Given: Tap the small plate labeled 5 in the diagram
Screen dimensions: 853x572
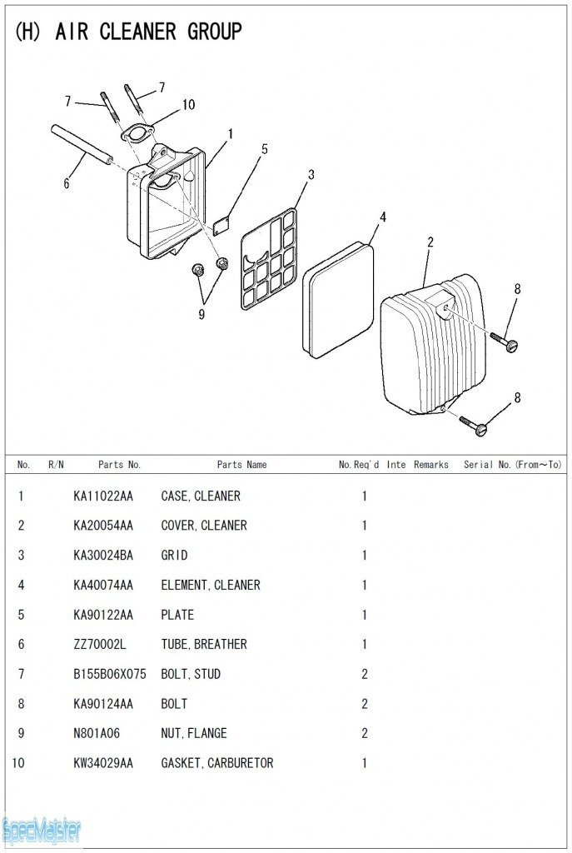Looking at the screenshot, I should (221, 223).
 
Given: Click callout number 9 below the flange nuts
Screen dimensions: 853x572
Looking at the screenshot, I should (201, 314).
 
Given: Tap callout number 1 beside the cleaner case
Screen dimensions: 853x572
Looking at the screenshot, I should (230, 133).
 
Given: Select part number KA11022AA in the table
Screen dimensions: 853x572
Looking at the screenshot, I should (103, 496).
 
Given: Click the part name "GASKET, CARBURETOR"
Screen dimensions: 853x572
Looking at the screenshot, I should (216, 763).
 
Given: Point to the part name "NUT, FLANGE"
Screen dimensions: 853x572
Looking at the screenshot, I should (193, 733).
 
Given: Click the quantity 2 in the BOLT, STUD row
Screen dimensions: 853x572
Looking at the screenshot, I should (364, 674).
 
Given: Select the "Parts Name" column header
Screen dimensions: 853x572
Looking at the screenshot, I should (241, 465).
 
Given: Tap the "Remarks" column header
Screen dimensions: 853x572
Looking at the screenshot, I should (430, 465).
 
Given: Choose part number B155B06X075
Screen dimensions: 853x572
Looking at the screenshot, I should (109, 674).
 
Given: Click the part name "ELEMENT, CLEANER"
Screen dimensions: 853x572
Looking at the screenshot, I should (210, 585).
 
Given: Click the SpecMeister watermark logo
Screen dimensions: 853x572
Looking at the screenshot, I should (42, 831).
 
